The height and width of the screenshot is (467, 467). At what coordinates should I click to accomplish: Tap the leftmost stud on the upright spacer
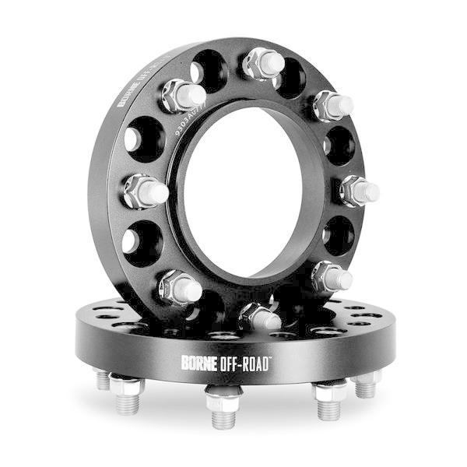pos(146,191)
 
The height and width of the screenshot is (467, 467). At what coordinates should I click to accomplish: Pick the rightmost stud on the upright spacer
pos(359,189)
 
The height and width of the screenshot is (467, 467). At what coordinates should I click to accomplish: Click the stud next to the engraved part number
pos(184,96)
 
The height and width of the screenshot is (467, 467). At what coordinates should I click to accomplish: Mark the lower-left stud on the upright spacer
pos(181,288)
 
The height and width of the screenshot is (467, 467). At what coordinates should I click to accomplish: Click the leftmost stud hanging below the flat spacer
pos(103,379)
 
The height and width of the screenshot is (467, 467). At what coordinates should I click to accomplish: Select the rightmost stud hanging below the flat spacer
pos(366,384)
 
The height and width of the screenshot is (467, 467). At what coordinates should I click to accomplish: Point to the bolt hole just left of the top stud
pos(211,68)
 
